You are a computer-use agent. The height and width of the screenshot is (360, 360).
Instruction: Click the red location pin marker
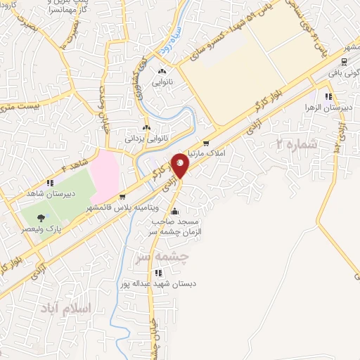click(x=180, y=165)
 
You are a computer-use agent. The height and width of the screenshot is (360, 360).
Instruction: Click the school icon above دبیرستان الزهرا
click(x=328, y=97)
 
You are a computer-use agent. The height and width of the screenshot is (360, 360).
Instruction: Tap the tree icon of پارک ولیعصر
click(x=39, y=218)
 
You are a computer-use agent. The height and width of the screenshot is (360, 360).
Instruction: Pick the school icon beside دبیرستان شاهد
click(x=49, y=184)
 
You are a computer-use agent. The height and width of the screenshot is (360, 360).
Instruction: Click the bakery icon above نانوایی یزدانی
click(x=146, y=127)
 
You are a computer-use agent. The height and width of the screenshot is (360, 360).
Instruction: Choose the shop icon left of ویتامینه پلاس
click(x=122, y=197)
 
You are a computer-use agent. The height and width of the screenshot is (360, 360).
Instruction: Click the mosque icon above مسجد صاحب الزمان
click(x=174, y=212)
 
